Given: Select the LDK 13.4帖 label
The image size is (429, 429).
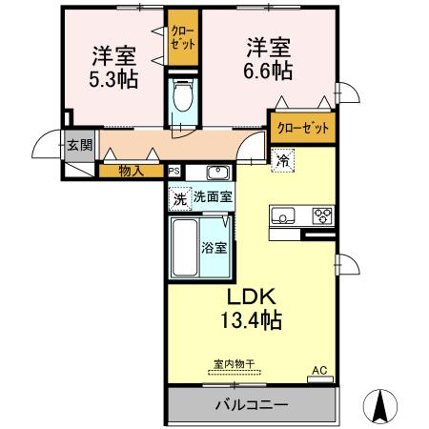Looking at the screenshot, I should (x=252, y=308).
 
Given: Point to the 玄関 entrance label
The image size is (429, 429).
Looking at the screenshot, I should (x=79, y=146).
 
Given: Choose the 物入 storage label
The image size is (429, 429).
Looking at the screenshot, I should (x=132, y=172).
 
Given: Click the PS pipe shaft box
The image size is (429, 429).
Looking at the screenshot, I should (x=174, y=172).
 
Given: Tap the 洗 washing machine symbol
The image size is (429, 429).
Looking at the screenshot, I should (x=179, y=198).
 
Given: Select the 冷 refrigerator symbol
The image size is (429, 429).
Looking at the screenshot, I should (x=283, y=160).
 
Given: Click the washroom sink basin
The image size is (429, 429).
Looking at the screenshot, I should (x=218, y=173).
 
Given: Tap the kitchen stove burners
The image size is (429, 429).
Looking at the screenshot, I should (x=322, y=214).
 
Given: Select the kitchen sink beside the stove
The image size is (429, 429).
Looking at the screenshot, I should (x=283, y=215).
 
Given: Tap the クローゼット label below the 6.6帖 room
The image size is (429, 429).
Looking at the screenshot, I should (x=303, y=127).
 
